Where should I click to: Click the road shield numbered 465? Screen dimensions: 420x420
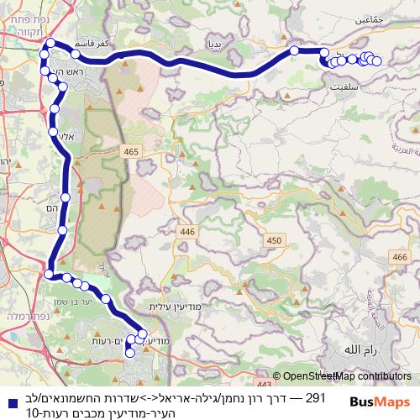tap(130, 151)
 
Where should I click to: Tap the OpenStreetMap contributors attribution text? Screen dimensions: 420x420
tap(347, 376)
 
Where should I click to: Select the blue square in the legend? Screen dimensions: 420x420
tap(8, 399)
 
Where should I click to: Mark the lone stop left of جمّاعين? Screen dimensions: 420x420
tap(295, 51)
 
